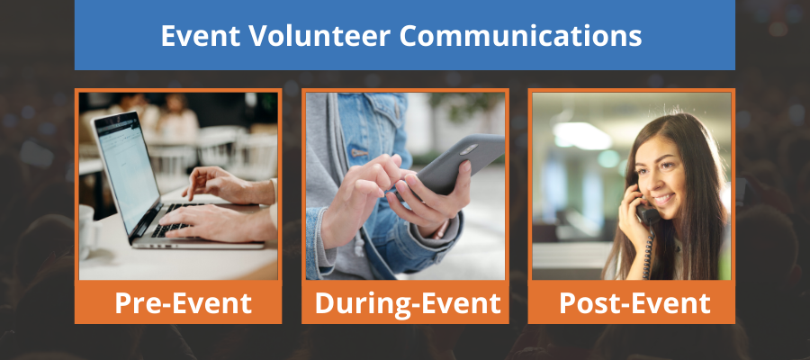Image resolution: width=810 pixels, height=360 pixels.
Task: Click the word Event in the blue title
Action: pos(201,36)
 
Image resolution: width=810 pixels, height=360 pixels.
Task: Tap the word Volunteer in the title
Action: pos(319,36)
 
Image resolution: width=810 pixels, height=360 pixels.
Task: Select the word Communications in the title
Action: pos(520,36)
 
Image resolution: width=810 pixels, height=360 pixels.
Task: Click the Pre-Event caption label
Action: pos(183,303)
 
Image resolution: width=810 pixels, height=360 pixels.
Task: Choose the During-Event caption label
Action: pos(407,303)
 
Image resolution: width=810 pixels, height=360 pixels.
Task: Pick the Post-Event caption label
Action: pos(634,303)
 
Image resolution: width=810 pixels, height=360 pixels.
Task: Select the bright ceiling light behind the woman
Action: pos(582,136)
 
